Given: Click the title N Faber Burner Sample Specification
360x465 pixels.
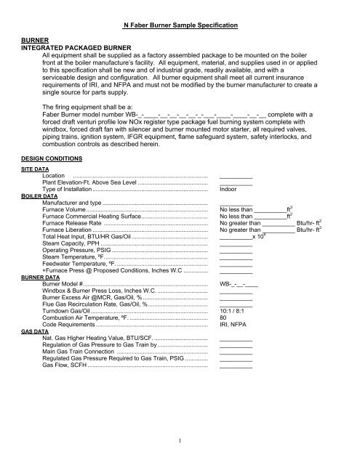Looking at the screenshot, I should pyautogui.click(x=180, y=25).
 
